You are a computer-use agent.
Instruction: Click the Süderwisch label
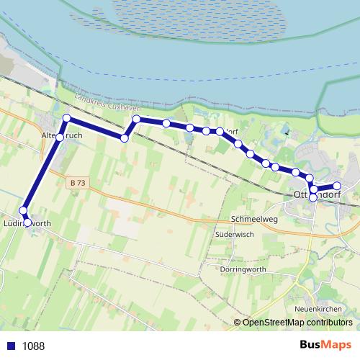(x=234, y=235)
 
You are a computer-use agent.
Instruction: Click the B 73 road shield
(x=78, y=184)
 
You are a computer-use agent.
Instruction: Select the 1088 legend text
(x=33, y=346)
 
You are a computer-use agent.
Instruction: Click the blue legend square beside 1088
(x=11, y=346)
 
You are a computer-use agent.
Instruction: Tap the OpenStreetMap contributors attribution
(x=293, y=322)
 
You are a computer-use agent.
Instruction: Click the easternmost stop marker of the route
(x=336, y=186)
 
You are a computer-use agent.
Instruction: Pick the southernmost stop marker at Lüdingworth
(x=27, y=223)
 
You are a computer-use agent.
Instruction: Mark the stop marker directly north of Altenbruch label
(x=66, y=117)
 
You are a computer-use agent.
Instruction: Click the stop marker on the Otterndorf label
(x=313, y=197)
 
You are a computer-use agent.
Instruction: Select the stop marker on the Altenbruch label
(x=60, y=137)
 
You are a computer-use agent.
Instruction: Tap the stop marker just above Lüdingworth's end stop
(x=23, y=211)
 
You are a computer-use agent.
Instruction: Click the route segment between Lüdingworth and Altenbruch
(x=42, y=174)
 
